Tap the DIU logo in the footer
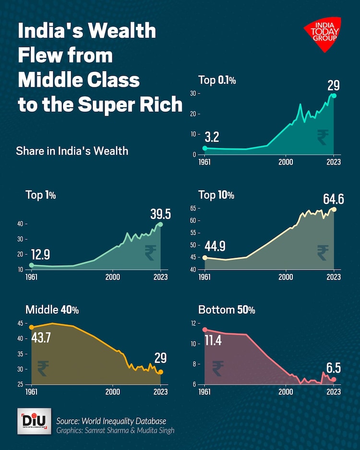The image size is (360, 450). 34,421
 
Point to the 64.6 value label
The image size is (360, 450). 327,198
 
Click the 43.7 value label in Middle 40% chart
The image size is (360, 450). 41,339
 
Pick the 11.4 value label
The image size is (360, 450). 215,341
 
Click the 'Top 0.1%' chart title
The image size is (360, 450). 217,80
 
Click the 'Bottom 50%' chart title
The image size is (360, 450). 227,310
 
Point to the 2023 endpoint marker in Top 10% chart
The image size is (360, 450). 334,209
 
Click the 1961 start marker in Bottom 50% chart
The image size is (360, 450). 205,330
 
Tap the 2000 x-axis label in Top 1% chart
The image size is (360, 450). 113,277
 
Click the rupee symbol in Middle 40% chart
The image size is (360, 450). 43,368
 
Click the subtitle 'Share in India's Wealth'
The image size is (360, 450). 72,151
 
